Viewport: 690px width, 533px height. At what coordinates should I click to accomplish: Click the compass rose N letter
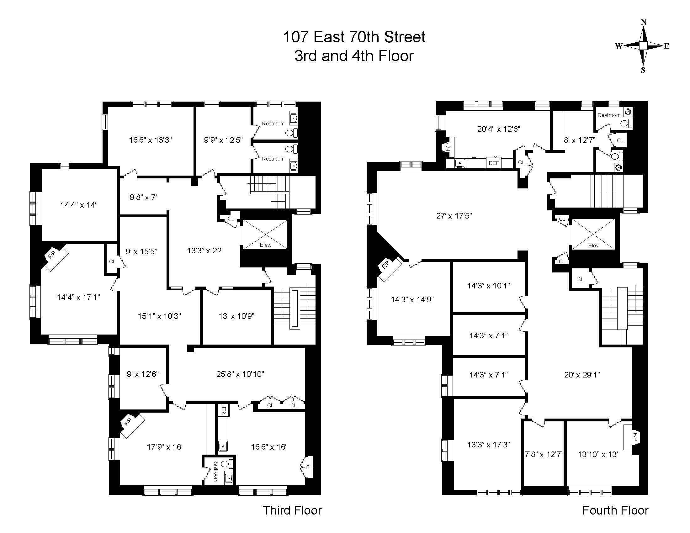pos(643,22)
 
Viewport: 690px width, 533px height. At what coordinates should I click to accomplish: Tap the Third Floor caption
pos(292,510)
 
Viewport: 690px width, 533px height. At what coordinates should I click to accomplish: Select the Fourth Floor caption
pos(615,510)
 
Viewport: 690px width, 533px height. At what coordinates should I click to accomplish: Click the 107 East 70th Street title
pos(354,37)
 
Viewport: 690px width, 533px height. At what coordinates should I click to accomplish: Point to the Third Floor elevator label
pos(265,245)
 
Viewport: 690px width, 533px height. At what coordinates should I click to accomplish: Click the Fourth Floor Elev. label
pos(594,245)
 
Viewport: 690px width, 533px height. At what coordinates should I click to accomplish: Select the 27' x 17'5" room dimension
pos(454,216)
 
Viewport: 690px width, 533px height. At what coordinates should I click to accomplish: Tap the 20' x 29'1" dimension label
pos(582,374)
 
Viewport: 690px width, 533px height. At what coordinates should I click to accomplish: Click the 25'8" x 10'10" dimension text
pos(240,374)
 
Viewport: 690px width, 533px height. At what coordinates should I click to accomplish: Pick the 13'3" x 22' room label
pos(205,251)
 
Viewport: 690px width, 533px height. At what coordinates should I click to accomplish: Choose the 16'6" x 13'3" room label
pos(150,140)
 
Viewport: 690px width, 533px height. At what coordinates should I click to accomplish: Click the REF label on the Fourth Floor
pos(494,163)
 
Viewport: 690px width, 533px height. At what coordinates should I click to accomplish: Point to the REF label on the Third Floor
pos(224,410)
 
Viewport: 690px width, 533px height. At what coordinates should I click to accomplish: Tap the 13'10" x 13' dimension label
pos(598,454)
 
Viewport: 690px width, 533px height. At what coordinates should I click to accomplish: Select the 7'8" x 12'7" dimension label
pos(544,454)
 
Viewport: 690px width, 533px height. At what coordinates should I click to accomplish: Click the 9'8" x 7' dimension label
pos(143,197)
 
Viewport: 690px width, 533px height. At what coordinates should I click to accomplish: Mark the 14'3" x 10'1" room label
pos(488,285)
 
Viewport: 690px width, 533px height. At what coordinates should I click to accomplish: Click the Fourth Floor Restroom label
pos(609,115)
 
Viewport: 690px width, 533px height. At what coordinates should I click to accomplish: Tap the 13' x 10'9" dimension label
pos(236,316)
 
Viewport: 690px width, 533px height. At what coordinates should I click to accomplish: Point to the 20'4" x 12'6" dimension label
pos(499,129)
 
